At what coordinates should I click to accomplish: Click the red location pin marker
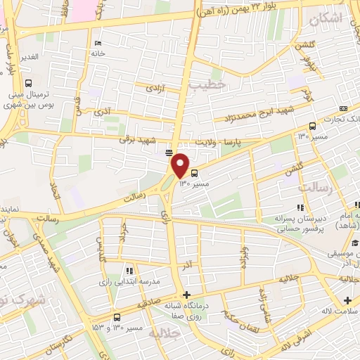click(181, 165)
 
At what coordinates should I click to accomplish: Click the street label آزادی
click(154, 89)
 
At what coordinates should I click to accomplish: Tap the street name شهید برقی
click(135, 139)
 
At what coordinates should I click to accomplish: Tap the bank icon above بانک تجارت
click(343, 108)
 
